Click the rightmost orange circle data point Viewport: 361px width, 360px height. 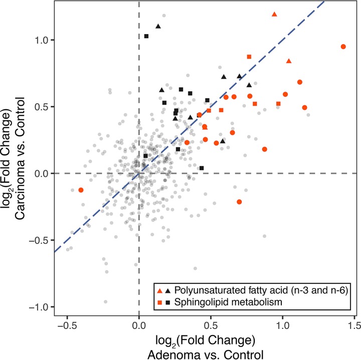pyautogui.click(x=343, y=47)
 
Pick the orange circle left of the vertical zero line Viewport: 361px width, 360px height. pyautogui.click(x=81, y=190)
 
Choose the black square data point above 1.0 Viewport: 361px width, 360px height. pyautogui.click(x=146, y=36)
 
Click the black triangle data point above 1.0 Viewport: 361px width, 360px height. pyautogui.click(x=158, y=26)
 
